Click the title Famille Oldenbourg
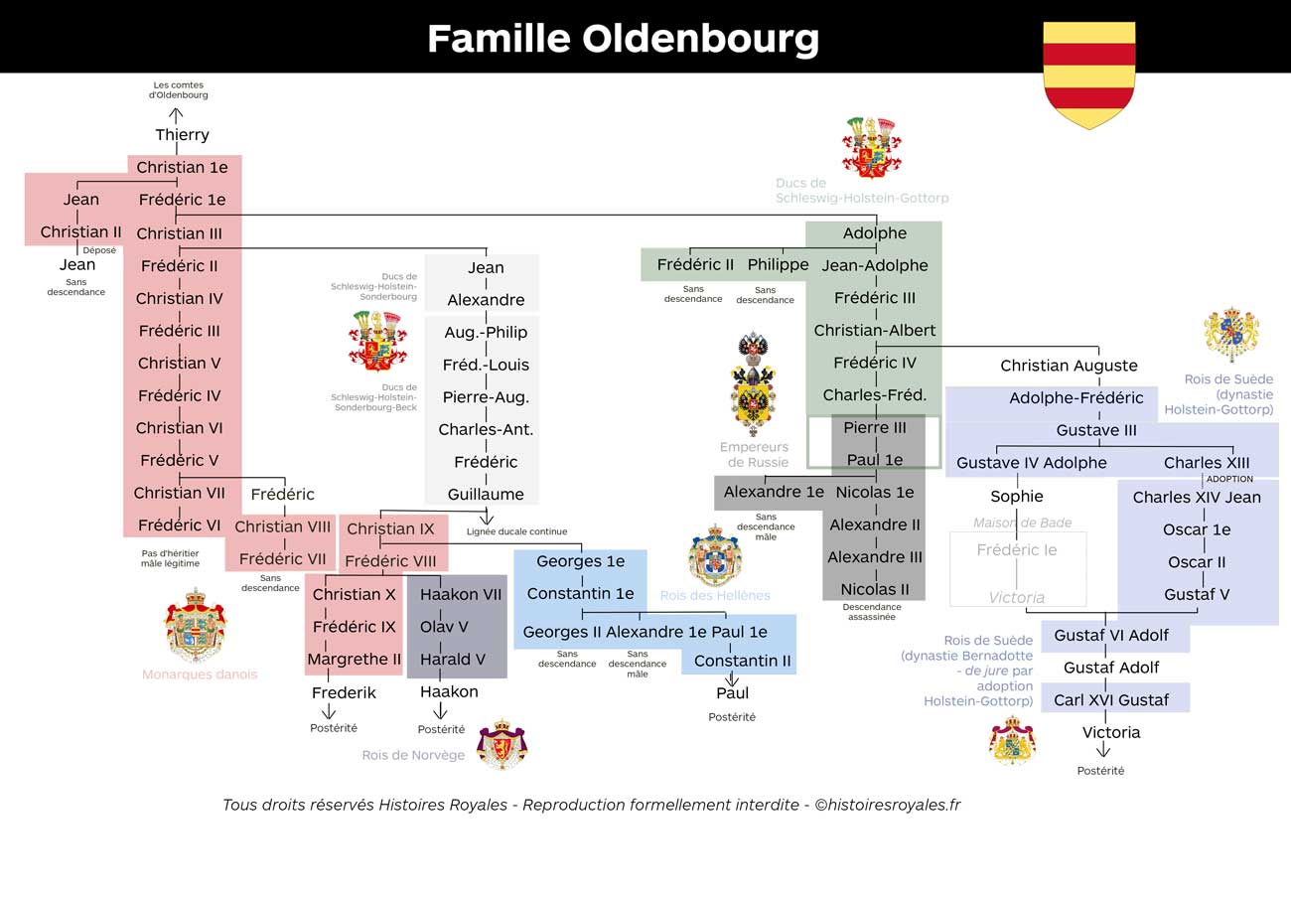coord(623,39)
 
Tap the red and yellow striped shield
coord(1089,75)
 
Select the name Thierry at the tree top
coord(182,135)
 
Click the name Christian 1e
coord(182,167)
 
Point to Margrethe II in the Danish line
coord(354,659)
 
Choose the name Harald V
coord(453,659)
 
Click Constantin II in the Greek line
coord(743,661)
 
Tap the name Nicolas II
coord(875,589)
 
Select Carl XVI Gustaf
coord(1111,700)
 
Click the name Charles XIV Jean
coord(1197,497)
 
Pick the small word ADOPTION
coord(1229,479)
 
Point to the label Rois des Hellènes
coord(715,596)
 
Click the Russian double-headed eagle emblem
coord(754,384)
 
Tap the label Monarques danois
coord(200,674)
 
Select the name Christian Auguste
coord(1070,366)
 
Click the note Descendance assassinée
coord(872,612)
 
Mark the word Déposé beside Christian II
coord(99,250)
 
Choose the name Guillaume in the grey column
coord(486,494)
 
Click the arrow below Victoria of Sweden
coord(1103,749)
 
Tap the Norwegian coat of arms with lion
coord(502,744)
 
